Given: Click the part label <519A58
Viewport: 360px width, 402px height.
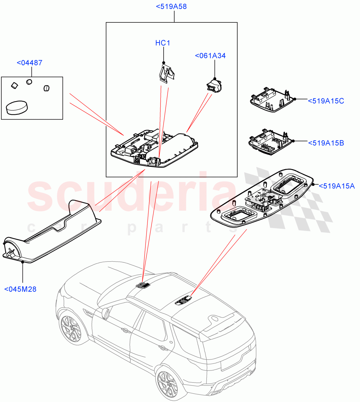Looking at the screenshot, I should (171, 6).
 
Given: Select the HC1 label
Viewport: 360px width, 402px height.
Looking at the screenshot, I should (163, 43).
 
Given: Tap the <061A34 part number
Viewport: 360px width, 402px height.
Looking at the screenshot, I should (210, 56).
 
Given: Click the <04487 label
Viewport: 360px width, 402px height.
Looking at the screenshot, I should (29, 63).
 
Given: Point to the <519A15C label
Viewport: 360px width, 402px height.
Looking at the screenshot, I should (325, 101).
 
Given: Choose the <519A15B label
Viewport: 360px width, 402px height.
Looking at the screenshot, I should (325, 143).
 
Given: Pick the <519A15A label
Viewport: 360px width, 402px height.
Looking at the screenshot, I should (336, 186).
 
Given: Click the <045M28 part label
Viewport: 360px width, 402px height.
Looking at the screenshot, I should (20, 289).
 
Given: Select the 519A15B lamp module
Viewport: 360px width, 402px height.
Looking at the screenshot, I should (270, 143).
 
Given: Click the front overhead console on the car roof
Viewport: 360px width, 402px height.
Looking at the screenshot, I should (143, 285).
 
